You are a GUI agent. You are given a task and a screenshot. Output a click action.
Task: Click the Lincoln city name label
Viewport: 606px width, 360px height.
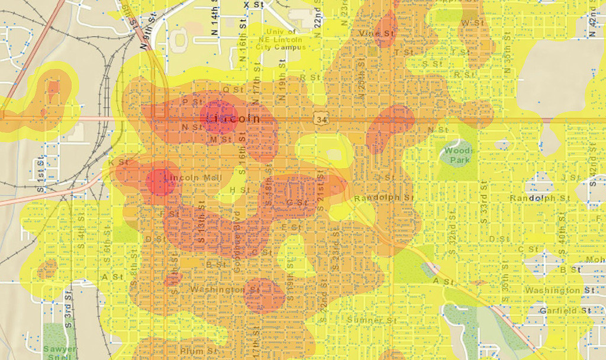point(233,118)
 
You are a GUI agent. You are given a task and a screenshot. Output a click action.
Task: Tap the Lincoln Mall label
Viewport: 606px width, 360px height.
point(193,178)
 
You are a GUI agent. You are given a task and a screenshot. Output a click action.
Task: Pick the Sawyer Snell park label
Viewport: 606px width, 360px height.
point(60,352)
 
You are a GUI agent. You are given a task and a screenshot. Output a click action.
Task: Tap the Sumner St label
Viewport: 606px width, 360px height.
point(372,320)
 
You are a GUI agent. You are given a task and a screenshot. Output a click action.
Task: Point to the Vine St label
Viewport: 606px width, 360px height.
point(376,34)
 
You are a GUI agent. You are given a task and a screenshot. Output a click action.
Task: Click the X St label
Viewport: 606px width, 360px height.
point(254,5)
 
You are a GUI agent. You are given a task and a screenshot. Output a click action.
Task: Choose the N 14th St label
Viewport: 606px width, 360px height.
point(215,22)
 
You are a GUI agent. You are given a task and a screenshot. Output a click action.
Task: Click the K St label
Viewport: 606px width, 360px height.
point(118,162)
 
